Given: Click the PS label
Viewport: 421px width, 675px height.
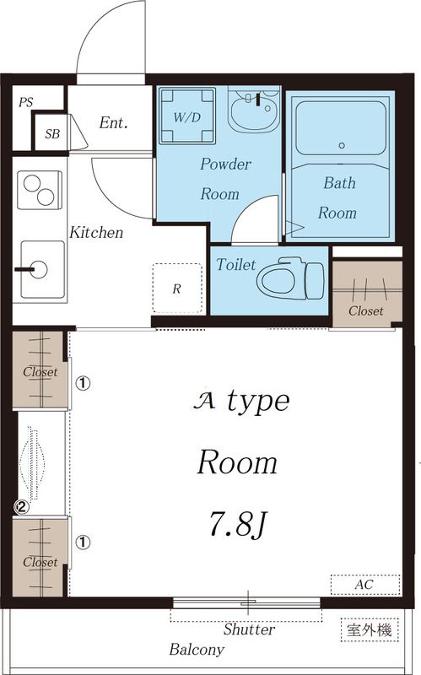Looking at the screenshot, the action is (26, 102).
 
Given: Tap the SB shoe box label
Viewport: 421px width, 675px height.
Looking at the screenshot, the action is (52, 134).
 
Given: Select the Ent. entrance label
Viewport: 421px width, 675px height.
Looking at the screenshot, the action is (114, 122).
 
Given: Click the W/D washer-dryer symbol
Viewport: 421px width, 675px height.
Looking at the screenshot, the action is (187, 116).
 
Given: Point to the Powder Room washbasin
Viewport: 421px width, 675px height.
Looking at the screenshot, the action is (254, 110).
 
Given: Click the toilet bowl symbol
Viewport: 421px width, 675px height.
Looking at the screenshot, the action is (290, 278).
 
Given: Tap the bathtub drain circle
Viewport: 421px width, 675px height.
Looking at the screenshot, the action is (342, 145).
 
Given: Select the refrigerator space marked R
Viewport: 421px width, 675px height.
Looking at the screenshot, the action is (177, 288).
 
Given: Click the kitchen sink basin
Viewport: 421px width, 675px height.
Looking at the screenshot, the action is (43, 269).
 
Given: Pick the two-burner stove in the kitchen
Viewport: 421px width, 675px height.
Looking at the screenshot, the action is (40, 191).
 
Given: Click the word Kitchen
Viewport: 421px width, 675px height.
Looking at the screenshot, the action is (96, 233).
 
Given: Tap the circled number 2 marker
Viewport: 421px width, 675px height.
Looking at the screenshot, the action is (22, 507).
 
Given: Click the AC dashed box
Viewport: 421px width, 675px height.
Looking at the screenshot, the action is (365, 585).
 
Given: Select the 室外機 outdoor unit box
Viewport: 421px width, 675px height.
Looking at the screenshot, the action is (370, 629).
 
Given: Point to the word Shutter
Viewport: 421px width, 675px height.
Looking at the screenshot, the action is (249, 629).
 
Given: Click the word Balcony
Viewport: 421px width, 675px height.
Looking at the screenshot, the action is (197, 649).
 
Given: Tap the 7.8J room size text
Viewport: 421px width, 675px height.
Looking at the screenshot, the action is (239, 523).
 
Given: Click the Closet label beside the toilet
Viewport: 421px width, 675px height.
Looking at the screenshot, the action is (366, 310).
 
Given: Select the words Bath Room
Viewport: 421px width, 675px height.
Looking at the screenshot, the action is (339, 197).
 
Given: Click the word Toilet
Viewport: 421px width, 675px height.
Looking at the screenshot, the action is (236, 264).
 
